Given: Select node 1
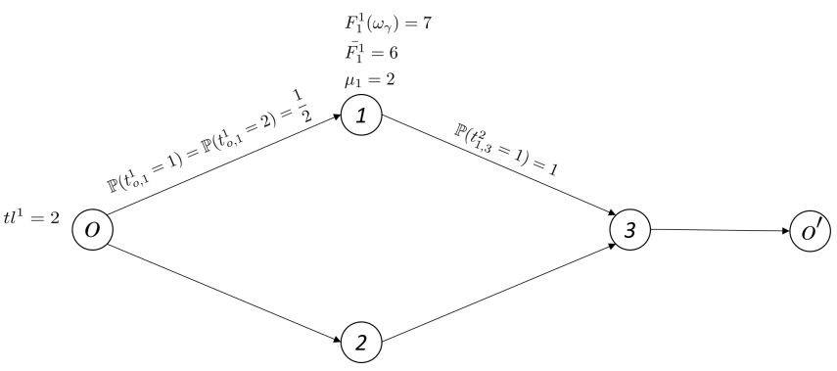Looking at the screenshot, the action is click(360, 116).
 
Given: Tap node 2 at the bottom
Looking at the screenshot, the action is click(360, 344).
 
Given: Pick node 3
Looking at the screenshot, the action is click(628, 229).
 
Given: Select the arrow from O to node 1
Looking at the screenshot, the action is click(225, 173).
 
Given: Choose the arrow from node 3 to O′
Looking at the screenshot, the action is click(720, 232).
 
